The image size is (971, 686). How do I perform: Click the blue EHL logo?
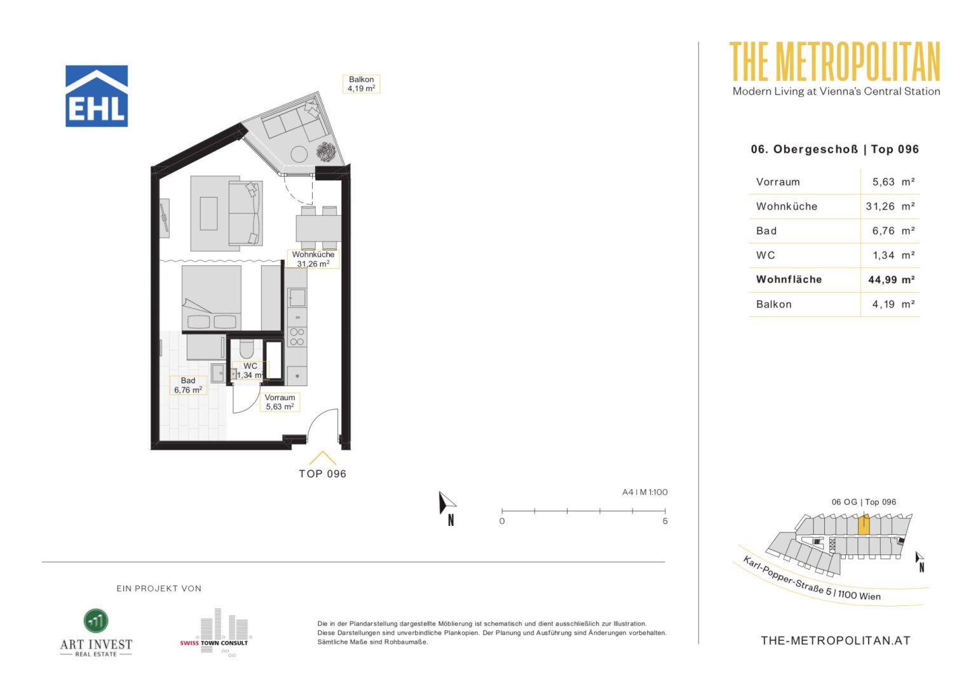pyautogui.click(x=97, y=96)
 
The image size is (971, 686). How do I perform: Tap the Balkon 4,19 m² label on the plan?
pyautogui.click(x=361, y=84)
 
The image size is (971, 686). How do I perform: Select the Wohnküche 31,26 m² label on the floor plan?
pyautogui.click(x=313, y=259)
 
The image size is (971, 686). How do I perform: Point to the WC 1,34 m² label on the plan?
pyautogui.click(x=250, y=370)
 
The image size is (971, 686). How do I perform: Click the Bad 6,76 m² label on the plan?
pyautogui.click(x=187, y=386)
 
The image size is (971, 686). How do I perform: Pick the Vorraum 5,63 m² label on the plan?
pyautogui.click(x=280, y=402)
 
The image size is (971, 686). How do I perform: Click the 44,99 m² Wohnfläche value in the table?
pyautogui.click(x=891, y=280)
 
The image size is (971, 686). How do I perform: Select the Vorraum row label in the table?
pyautogui.click(x=778, y=182)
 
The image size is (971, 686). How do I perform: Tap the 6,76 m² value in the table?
pyautogui.click(x=893, y=231)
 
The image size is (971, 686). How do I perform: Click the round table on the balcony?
pyautogui.click(x=299, y=154)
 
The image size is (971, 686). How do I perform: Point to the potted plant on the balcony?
pyautogui.click(x=326, y=152)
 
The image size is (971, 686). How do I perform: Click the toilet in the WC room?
pyautogui.click(x=246, y=348)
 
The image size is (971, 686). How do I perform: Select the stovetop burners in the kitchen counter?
pyautogui.click(x=297, y=337)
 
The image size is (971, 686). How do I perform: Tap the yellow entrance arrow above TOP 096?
pyautogui.click(x=323, y=457)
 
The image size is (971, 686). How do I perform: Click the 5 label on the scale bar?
pyautogui.click(x=665, y=521)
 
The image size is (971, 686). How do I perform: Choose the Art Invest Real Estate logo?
pyautogui.click(x=96, y=633)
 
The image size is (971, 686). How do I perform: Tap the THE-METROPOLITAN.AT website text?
pyautogui.click(x=835, y=641)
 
